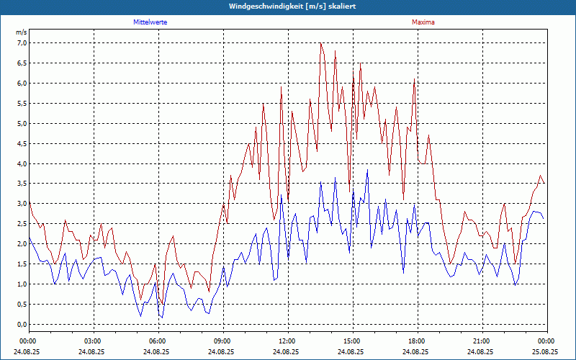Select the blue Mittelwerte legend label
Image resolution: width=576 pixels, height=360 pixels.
[150, 22]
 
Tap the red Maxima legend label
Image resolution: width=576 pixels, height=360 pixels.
[423, 22]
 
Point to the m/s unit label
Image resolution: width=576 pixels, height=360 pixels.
[22, 32]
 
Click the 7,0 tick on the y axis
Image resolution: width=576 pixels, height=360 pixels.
[22, 42]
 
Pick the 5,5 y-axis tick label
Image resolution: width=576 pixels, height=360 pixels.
[22, 103]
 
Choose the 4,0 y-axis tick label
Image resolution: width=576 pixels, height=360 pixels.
[22, 163]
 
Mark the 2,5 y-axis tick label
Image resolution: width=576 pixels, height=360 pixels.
[22, 224]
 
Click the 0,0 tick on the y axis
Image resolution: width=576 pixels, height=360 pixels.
[22, 325]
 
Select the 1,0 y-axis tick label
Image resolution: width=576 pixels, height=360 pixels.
[22, 284]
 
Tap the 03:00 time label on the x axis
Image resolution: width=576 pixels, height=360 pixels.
[93, 341]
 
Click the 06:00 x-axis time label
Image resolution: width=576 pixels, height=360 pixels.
[158, 341]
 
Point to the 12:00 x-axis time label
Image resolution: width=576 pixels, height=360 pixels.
[287, 341]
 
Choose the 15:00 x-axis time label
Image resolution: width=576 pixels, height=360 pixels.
[352, 341]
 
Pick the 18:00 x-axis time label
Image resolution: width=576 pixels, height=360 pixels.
[417, 341]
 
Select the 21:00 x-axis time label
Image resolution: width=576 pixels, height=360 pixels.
[482, 341]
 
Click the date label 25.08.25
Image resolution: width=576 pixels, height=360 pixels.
[546, 352]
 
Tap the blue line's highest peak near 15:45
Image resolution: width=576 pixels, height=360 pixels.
[367, 170]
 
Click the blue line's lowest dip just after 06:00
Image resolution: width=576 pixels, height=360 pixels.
[162, 318]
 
